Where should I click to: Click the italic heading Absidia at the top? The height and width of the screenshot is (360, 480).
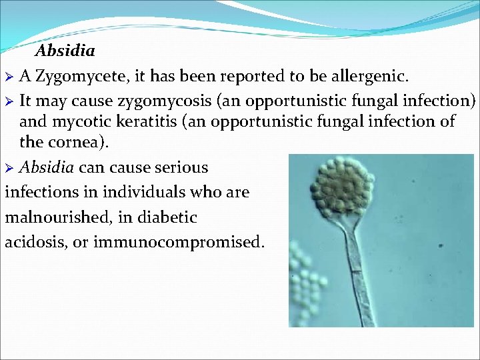pyautogui.click(x=65, y=51)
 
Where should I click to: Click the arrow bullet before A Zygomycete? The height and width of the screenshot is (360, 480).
pyautogui.click(x=10, y=77)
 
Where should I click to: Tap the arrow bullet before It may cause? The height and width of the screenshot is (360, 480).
pyautogui.click(x=10, y=101)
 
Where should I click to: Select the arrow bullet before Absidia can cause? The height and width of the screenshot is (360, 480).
pyautogui.click(x=10, y=168)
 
